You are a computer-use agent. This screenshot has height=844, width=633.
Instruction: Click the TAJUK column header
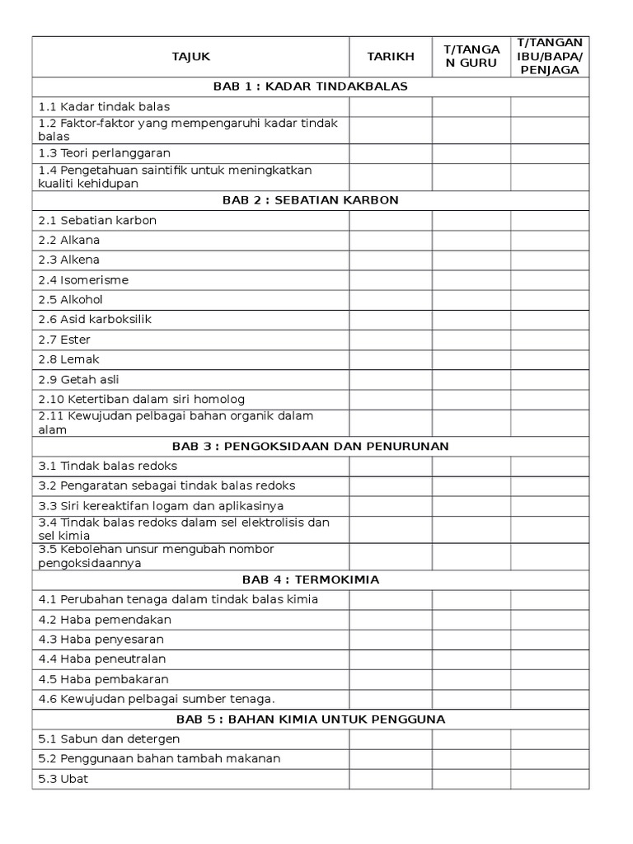(x=190, y=57)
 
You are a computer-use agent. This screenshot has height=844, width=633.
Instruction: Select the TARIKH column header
(x=391, y=57)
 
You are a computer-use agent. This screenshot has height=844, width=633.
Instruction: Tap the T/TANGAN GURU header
(x=471, y=57)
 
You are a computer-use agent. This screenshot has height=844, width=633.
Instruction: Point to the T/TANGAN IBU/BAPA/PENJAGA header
(x=550, y=57)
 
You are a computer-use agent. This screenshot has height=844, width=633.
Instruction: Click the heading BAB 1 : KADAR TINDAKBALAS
(x=311, y=87)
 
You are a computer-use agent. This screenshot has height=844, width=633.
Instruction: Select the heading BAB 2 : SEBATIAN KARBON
(x=311, y=200)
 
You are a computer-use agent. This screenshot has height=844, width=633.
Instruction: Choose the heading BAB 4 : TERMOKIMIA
(x=311, y=579)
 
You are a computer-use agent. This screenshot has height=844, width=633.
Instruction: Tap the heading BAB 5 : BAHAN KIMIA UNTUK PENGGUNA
(x=311, y=719)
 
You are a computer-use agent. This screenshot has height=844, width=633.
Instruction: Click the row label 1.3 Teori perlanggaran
(x=105, y=153)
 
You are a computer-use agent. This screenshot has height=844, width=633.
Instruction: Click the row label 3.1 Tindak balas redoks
(x=108, y=466)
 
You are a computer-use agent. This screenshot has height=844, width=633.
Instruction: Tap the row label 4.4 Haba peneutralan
(x=102, y=659)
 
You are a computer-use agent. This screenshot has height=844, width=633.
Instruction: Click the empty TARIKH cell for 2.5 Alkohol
(x=391, y=300)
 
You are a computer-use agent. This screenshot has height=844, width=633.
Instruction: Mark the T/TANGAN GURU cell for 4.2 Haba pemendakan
(x=471, y=620)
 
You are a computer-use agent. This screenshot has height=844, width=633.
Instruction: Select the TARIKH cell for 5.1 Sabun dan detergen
(x=391, y=739)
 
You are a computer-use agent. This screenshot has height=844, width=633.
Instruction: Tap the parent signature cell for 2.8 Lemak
(x=550, y=359)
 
